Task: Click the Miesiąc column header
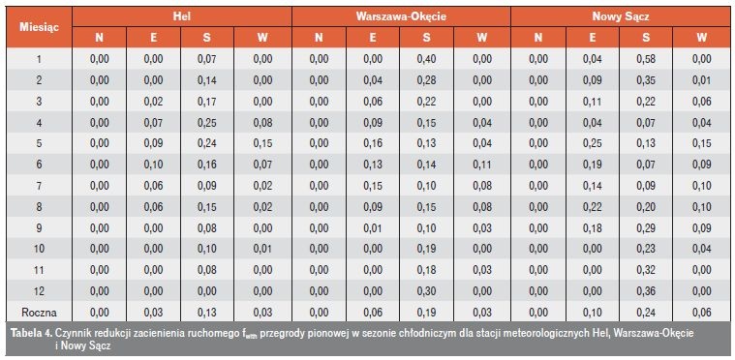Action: (39, 27)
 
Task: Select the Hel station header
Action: (182, 16)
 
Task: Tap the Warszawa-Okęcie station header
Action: (401, 16)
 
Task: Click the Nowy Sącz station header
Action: (621, 16)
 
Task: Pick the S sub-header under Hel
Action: (206, 38)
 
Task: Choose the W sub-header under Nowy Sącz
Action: (701, 38)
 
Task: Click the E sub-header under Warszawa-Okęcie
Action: (372, 38)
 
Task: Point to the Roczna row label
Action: (39, 313)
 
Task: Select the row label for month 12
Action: (39, 290)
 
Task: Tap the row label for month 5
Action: (39, 143)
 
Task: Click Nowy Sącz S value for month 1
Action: (646, 59)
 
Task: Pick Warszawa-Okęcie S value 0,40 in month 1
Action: (426, 59)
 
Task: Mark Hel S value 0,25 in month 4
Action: (206, 122)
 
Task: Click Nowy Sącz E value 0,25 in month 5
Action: (592, 143)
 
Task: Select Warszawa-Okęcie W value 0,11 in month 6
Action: (482, 165)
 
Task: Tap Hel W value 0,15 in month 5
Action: (262, 143)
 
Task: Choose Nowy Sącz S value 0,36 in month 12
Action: (646, 290)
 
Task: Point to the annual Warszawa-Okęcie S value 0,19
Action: (426, 313)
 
